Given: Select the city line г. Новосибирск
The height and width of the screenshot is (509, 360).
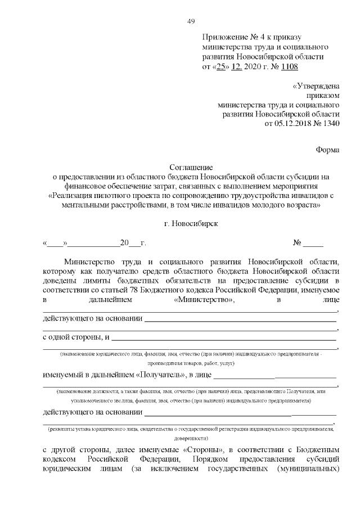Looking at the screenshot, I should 191,223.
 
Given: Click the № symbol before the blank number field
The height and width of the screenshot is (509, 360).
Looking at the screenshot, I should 298,244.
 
